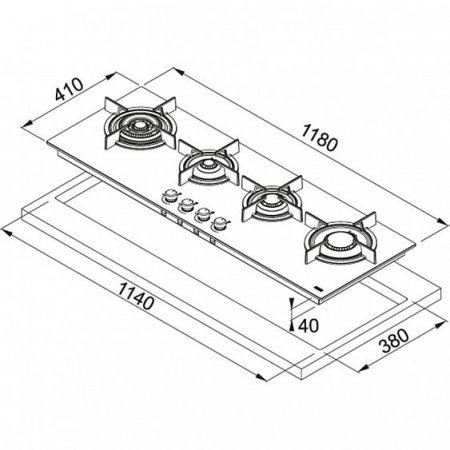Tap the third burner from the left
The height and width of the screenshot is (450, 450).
268,200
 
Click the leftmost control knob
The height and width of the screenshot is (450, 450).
171,196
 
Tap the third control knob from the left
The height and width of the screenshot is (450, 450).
202,212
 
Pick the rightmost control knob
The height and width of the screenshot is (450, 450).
217,221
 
